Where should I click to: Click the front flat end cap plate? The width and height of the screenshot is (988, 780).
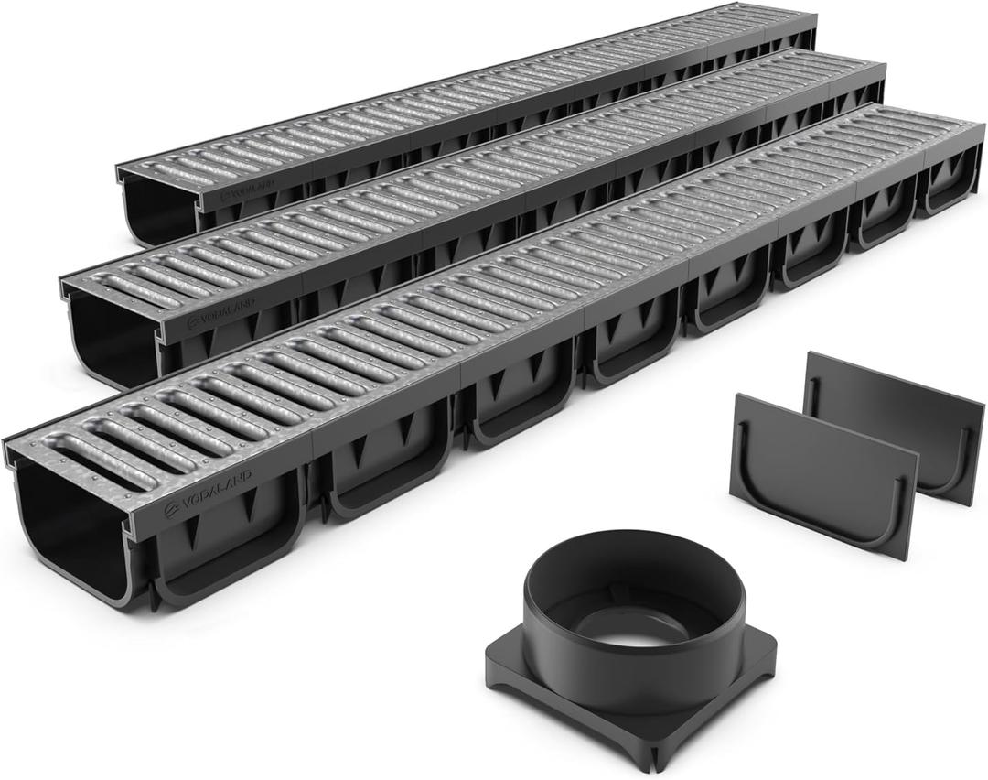823,476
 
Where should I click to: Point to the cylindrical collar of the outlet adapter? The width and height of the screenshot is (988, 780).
631,586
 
